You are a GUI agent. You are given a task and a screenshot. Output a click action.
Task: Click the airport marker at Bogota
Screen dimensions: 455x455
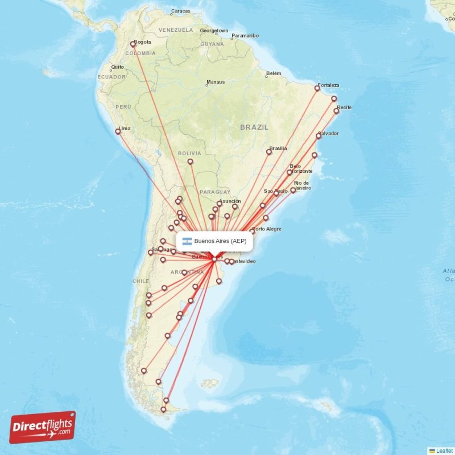click(x=133, y=44)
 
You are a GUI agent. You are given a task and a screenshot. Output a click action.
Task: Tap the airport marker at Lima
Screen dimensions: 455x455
click(x=118, y=131)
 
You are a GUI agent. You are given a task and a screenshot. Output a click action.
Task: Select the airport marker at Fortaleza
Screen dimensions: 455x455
click(x=317, y=88)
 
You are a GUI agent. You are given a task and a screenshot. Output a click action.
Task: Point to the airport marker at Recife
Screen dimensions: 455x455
click(x=336, y=111)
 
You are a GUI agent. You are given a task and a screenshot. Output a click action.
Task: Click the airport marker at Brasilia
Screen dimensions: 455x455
click(x=269, y=152)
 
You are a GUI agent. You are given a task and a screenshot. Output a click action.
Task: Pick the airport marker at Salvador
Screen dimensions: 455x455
click(x=318, y=136)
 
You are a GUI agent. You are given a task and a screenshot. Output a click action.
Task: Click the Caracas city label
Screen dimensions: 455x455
click(x=180, y=11)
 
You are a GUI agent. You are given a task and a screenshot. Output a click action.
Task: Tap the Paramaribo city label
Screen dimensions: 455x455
click(x=245, y=36)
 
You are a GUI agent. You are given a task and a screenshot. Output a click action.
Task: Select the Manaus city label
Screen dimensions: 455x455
click(x=216, y=82)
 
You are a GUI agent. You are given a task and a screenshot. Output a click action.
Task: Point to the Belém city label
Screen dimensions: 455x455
click(x=274, y=73)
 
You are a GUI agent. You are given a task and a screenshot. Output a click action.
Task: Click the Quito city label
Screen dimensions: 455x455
click(x=117, y=67)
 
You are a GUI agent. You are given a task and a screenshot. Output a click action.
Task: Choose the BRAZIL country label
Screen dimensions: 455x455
click(x=254, y=127)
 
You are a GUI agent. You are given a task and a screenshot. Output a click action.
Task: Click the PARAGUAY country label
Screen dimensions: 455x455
click(x=215, y=192)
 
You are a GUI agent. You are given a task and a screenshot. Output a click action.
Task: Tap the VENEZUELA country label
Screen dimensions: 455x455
click(x=176, y=30)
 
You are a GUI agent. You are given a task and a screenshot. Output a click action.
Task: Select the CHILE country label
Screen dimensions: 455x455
click(x=140, y=281)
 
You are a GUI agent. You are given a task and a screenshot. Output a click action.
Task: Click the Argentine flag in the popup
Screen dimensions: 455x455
click(x=187, y=241)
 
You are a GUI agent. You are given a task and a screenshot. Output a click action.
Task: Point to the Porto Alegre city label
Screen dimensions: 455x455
click(x=267, y=229)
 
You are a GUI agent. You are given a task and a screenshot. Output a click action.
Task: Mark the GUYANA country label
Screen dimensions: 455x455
click(x=212, y=44)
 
